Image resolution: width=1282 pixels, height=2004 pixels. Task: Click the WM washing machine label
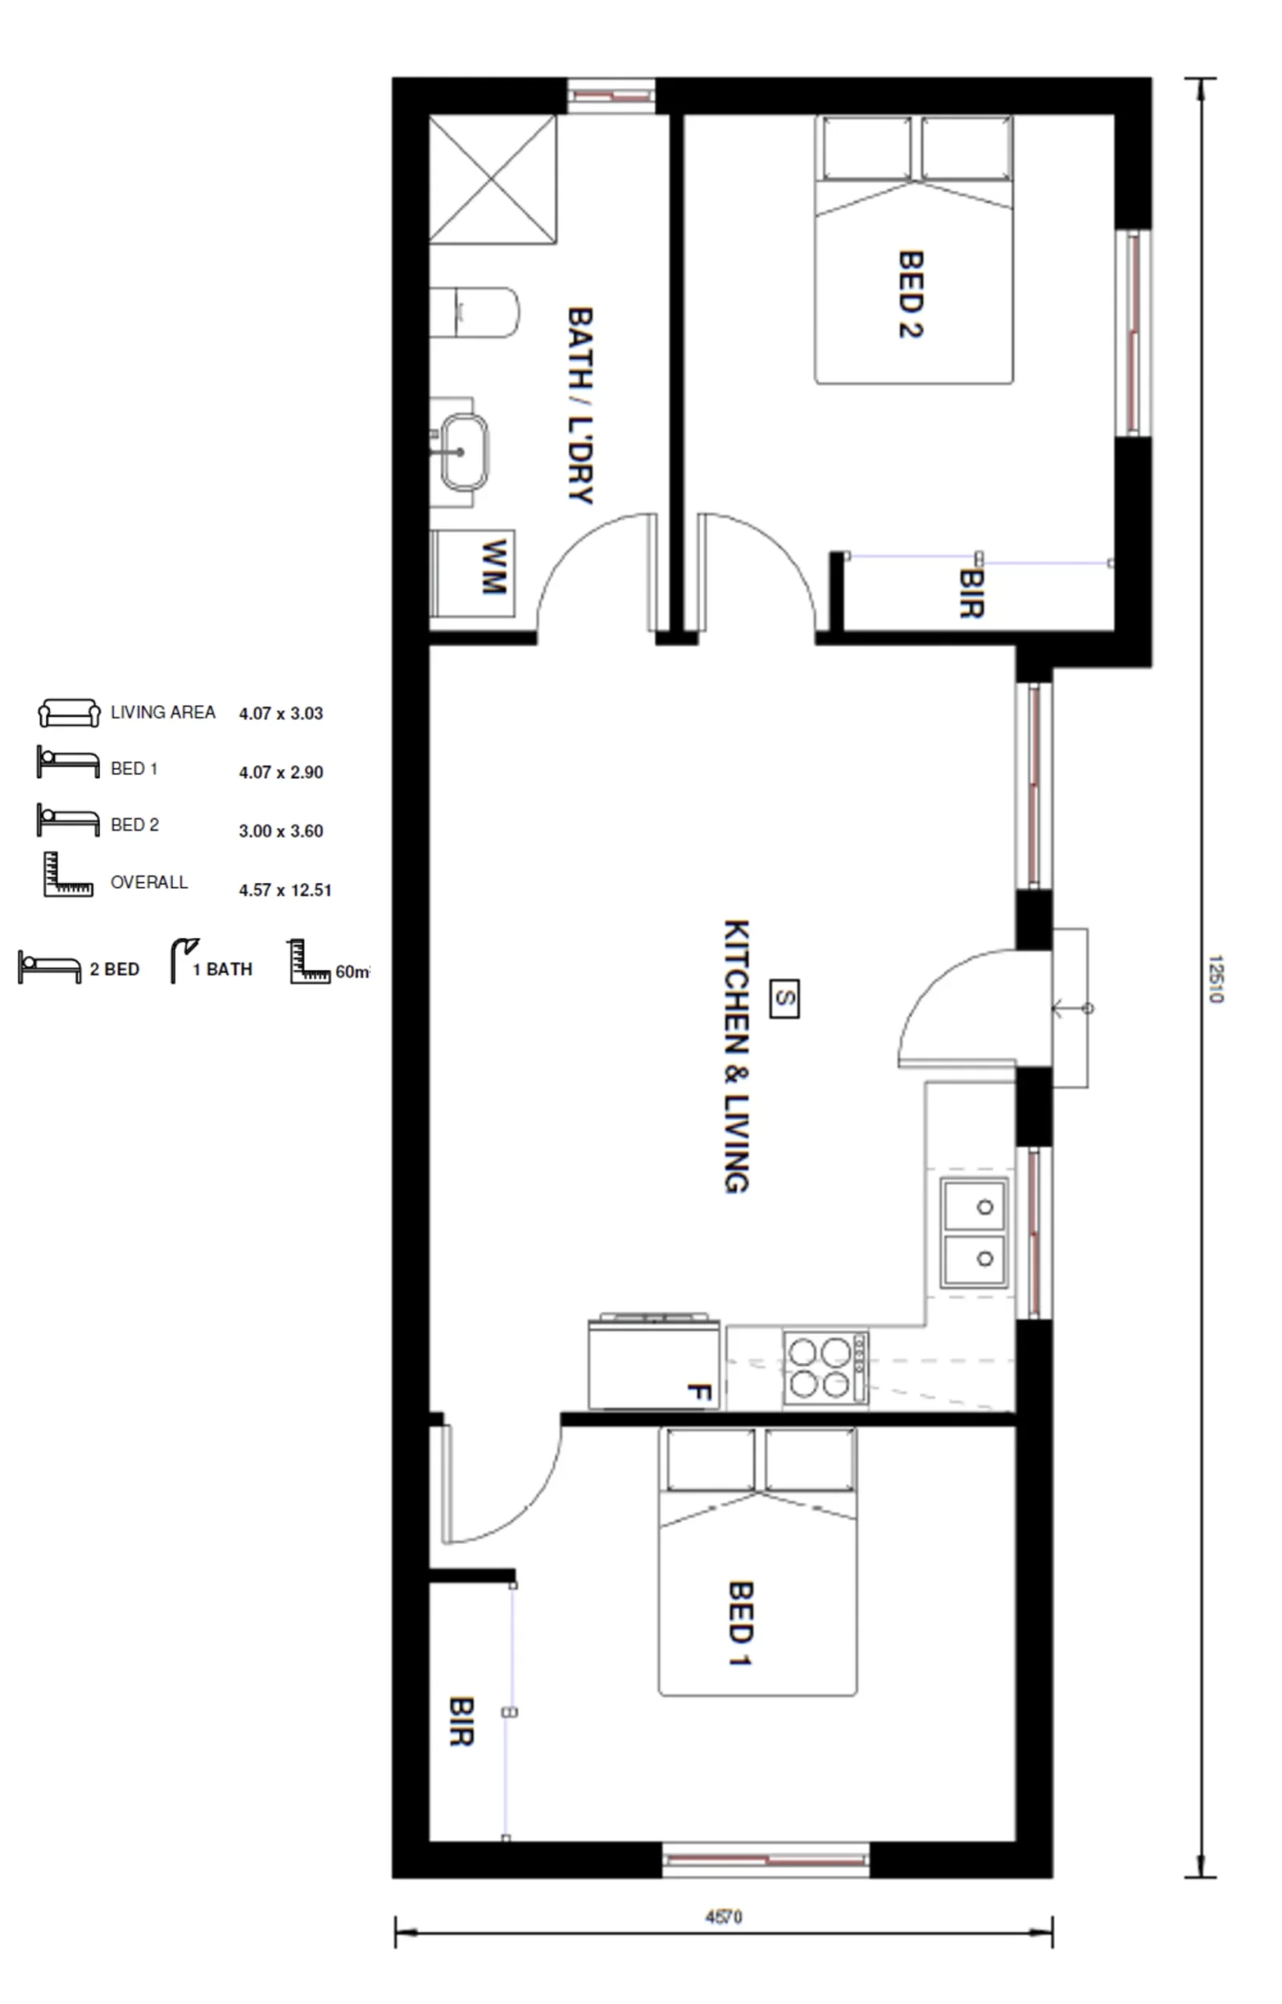494,566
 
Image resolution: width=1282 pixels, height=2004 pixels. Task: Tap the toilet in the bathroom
474,312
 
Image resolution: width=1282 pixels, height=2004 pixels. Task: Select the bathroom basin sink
463,452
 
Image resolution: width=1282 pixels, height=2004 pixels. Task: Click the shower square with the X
492,179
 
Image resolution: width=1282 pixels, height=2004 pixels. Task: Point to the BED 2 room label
911,294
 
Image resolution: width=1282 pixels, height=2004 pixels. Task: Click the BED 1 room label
740,1623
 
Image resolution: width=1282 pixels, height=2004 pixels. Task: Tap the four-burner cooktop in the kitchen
825,1367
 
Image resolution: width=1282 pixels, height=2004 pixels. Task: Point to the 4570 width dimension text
723,1917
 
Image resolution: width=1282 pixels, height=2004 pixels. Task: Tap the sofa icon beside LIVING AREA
69,712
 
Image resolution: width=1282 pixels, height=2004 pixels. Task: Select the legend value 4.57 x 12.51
285,890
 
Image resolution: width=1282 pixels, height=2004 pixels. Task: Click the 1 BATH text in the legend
222,969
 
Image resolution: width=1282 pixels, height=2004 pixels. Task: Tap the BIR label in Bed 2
971,593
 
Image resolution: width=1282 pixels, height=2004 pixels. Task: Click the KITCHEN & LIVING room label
736,1057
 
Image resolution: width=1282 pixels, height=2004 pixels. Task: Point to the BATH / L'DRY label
580,405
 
